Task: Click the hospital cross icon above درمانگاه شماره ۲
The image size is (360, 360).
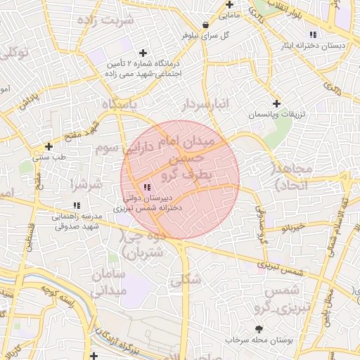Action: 143,53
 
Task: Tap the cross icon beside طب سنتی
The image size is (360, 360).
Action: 49,146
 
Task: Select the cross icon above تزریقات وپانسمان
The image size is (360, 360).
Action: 276,103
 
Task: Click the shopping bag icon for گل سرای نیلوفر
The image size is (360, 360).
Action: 205,25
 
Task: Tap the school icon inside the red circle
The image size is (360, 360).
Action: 147,187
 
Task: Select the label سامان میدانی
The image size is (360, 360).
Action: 108,281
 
